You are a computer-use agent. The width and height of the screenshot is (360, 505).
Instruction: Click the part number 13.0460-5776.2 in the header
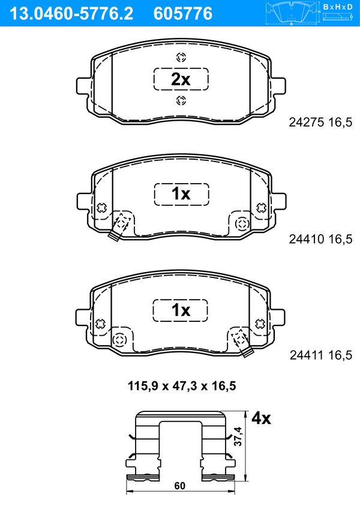click(71, 14)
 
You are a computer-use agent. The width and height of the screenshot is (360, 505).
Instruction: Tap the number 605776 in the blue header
click(183, 14)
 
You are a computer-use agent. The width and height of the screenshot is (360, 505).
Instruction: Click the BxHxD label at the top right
click(338, 7)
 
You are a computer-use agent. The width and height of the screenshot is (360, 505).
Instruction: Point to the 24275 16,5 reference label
click(320, 122)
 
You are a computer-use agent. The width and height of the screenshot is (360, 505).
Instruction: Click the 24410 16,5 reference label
click(320, 239)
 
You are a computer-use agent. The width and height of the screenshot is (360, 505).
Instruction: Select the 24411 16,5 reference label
click(321, 355)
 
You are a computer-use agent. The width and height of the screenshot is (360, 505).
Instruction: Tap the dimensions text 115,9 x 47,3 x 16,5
click(182, 386)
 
